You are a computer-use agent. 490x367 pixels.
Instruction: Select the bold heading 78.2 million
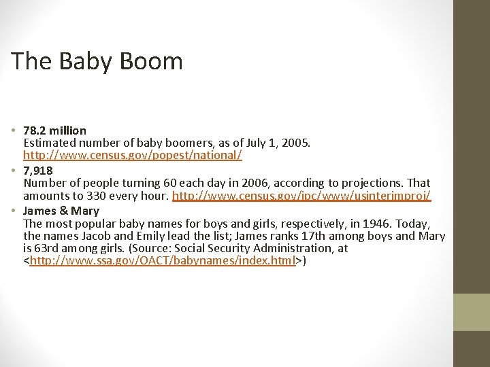click(55, 130)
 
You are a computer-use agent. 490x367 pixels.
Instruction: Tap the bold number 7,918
click(38, 171)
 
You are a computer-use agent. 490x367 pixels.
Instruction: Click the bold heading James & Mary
click(61, 211)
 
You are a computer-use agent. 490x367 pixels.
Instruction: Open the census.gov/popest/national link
click(133, 155)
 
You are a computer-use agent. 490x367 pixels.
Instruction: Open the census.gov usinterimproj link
click(301, 196)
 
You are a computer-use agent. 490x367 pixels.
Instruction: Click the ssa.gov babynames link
click(162, 261)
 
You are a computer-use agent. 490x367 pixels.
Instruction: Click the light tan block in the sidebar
click(471, 312)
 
